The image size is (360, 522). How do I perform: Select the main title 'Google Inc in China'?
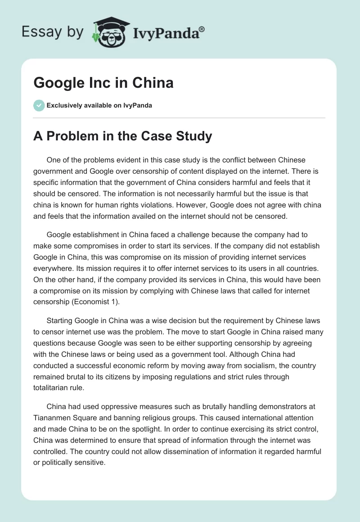tap(103, 83)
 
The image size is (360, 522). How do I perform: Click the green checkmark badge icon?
tap(39, 105)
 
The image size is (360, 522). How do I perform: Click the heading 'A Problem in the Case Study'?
tap(122, 136)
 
